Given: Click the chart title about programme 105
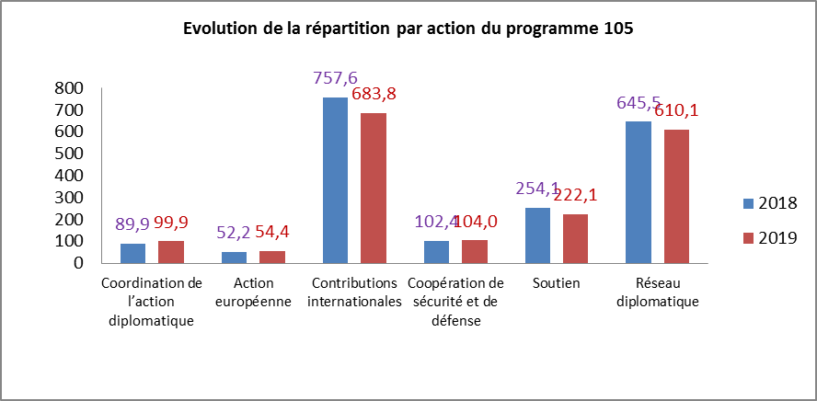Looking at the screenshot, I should (408, 29).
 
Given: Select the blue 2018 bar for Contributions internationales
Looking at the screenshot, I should (335, 180).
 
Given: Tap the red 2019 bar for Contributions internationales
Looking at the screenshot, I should (373, 189).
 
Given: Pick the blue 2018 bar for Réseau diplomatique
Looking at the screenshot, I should (639, 192).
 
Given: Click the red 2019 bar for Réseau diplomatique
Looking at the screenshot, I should (676, 196).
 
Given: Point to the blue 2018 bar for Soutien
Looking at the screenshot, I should (537, 235).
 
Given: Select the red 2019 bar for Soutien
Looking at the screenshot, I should (575, 238).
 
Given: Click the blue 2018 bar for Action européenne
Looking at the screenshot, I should (234, 257).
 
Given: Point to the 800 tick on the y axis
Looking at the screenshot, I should (70, 88).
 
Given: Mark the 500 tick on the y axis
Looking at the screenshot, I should (70, 154).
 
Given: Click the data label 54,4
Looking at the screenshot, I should (280, 232).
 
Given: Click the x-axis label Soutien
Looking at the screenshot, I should (556, 283).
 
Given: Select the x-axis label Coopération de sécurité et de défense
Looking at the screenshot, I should (455, 302).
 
